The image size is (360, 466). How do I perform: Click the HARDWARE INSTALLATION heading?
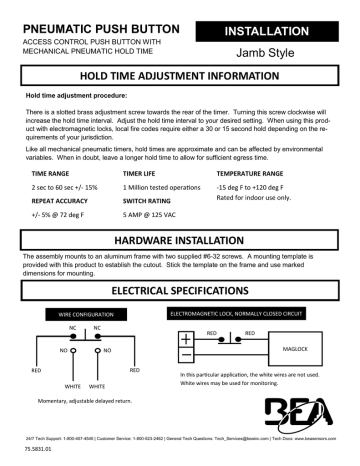[x=180, y=242]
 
